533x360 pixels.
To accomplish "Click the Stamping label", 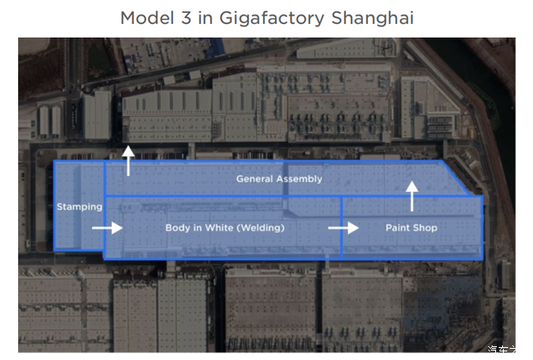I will tap(79, 207).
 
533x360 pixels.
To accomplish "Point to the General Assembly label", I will tap(279, 179).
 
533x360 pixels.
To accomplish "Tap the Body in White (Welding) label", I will tap(224, 228).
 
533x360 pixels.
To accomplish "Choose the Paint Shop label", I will tap(411, 228).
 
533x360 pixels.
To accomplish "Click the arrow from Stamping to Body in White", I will tap(107, 228).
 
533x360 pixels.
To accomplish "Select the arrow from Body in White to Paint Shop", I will tap(343, 228).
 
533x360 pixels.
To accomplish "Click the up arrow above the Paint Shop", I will tap(412, 196).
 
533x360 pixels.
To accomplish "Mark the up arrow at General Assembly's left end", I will tap(128, 161).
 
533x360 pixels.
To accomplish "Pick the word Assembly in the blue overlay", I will tap(300, 179).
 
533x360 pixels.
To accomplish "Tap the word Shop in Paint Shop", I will tap(424, 228).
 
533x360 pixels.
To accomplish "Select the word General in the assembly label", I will tap(255, 179).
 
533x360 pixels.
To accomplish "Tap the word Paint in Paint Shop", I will tap(396, 228).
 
